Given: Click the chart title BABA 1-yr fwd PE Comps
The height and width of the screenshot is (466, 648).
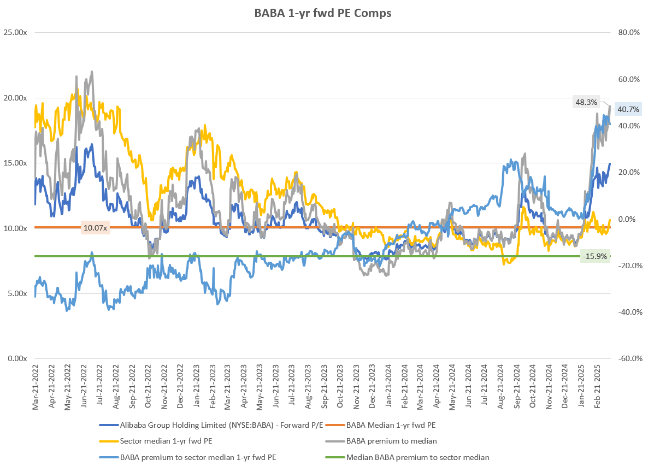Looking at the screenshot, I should point(323,14).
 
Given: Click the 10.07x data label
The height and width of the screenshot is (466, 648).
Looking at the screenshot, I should point(96,227).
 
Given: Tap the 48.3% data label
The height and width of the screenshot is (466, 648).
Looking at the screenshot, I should point(586,102).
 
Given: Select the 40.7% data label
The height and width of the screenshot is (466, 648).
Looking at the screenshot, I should point(628,109).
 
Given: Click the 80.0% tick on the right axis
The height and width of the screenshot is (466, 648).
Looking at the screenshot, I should point(629,33).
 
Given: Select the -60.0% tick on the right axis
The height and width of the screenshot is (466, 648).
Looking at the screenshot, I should point(628,358).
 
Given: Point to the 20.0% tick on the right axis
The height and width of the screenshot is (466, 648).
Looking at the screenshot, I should point(629,172).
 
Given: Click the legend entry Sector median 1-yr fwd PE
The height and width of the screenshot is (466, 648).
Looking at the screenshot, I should point(158,441).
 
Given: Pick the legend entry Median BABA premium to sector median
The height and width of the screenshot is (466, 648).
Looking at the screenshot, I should point(417,457).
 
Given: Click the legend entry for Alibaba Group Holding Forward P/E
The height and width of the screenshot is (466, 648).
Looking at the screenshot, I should point(207,424).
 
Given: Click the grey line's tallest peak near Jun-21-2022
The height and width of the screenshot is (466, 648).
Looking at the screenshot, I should point(91,71).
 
